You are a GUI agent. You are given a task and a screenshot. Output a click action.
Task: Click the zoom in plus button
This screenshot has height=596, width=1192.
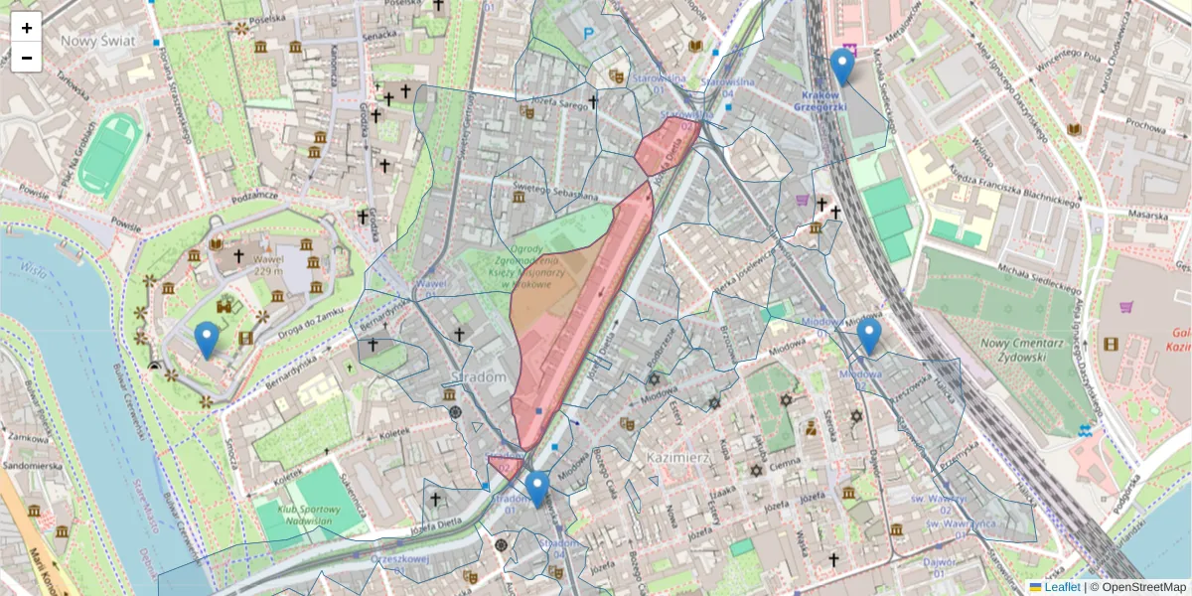coord(27,28)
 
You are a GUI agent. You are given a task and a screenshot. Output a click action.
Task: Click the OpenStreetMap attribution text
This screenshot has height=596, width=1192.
coord(1143,587)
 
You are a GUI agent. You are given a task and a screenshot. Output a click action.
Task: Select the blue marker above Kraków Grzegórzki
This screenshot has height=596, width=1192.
coord(842,67)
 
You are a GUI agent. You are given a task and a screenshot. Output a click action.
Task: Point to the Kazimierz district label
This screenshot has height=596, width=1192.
coord(676,457)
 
